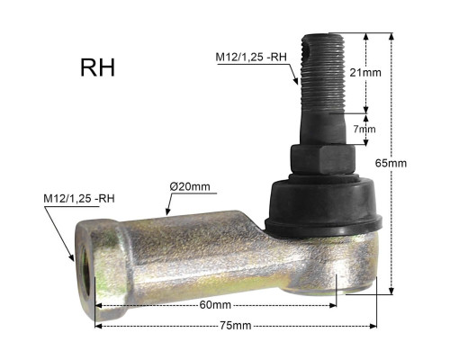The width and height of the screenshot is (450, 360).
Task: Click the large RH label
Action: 97,67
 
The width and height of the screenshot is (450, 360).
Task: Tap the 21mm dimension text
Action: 365,73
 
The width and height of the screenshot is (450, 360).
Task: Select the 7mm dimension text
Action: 364,130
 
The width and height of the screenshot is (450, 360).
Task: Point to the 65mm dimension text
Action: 391,163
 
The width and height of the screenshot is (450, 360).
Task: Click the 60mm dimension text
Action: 215,305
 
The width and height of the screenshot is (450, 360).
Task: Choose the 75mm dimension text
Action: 236,326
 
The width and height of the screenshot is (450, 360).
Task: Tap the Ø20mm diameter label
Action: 190,186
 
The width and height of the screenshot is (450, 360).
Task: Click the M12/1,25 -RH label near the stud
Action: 251,57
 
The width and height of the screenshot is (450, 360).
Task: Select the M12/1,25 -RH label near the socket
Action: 79,199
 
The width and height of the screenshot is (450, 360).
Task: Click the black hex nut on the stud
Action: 323,159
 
